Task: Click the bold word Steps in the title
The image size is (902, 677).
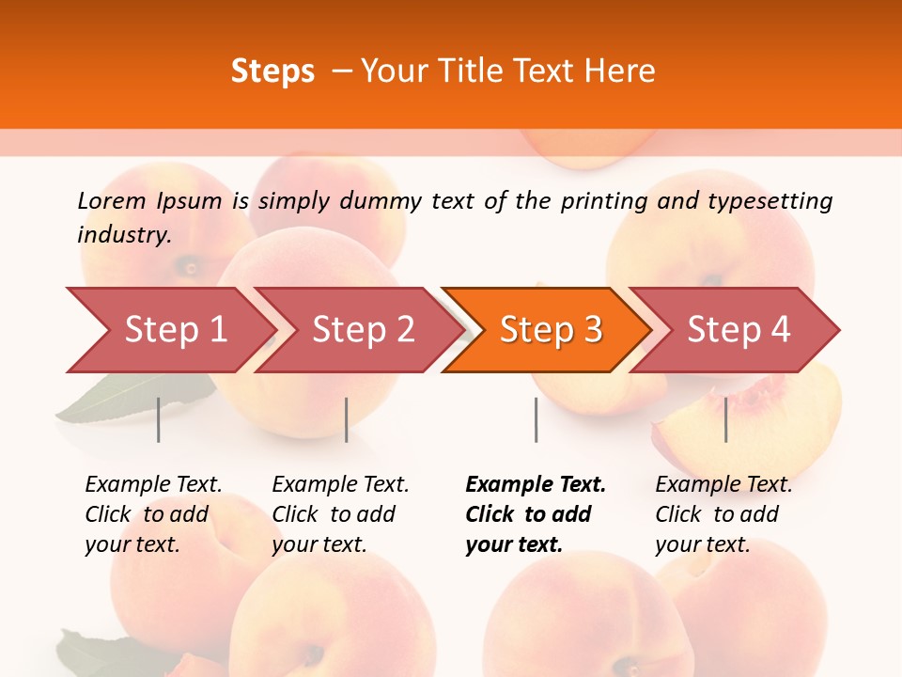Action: pos(272,71)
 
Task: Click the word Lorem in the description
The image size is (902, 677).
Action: pos(111,200)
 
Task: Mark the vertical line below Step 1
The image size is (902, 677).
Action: pos(159,419)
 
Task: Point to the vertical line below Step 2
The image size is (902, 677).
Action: pos(347,419)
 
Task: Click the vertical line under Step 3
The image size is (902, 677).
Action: pos(536,419)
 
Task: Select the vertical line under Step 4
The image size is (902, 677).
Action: pos(725,419)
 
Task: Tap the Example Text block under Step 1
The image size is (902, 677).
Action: pos(153,514)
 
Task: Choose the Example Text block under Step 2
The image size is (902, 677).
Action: pos(340,514)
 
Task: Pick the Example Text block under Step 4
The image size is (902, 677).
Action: pos(723,514)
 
